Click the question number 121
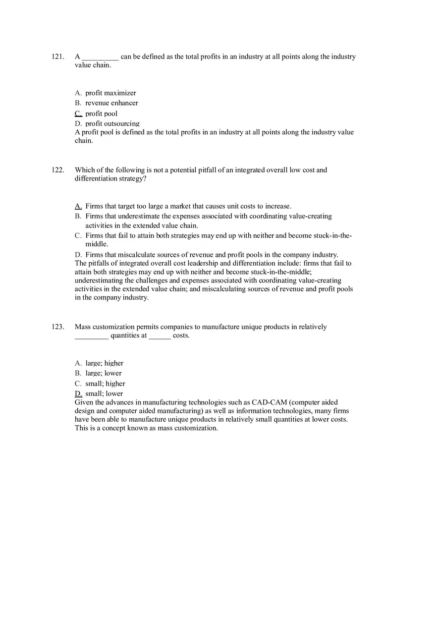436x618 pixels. click(57, 56)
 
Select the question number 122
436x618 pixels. click(57, 170)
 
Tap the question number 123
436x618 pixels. click(57, 327)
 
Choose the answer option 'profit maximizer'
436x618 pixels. click(110, 93)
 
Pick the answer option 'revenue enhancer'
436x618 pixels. click(111, 103)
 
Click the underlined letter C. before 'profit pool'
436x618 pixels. click(78, 113)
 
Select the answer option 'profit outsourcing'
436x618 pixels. click(112, 123)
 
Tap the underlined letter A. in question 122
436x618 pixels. click(78, 206)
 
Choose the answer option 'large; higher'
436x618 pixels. click(104, 363)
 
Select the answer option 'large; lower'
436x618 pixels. click(103, 373)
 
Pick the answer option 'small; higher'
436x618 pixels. click(105, 384)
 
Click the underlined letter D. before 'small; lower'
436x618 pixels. click(78, 393)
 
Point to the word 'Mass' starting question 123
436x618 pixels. click(83, 327)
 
